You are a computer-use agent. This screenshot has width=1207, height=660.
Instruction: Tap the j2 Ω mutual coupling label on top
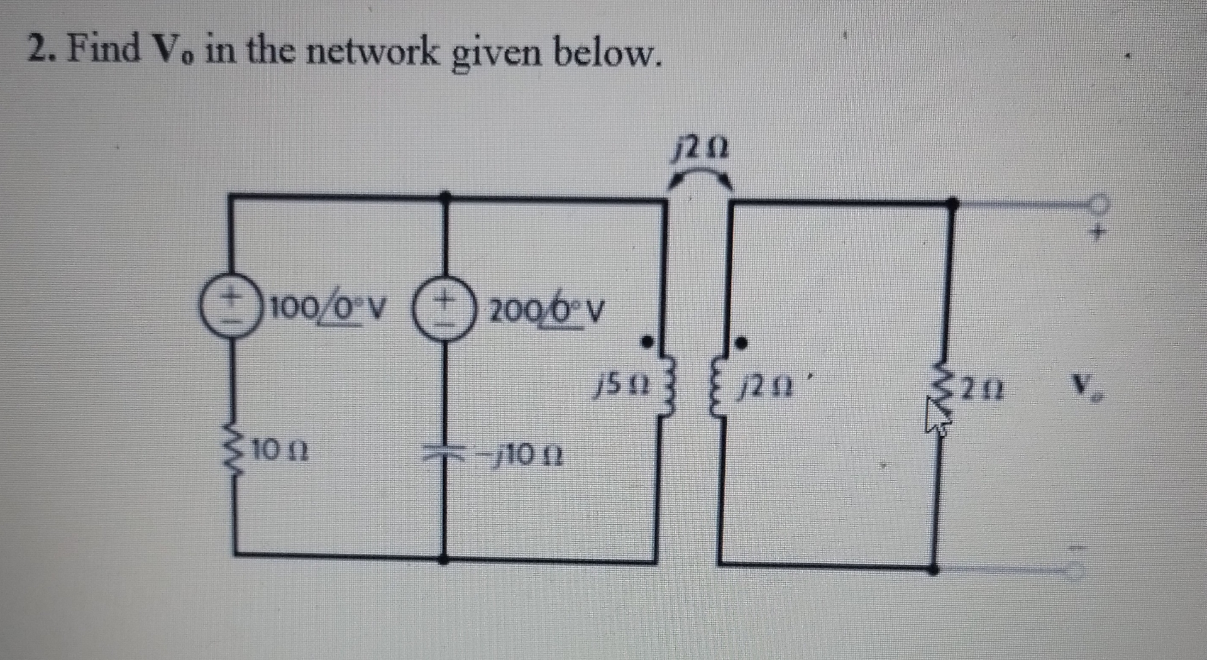700,151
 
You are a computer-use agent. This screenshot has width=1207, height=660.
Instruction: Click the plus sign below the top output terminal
1098,233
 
